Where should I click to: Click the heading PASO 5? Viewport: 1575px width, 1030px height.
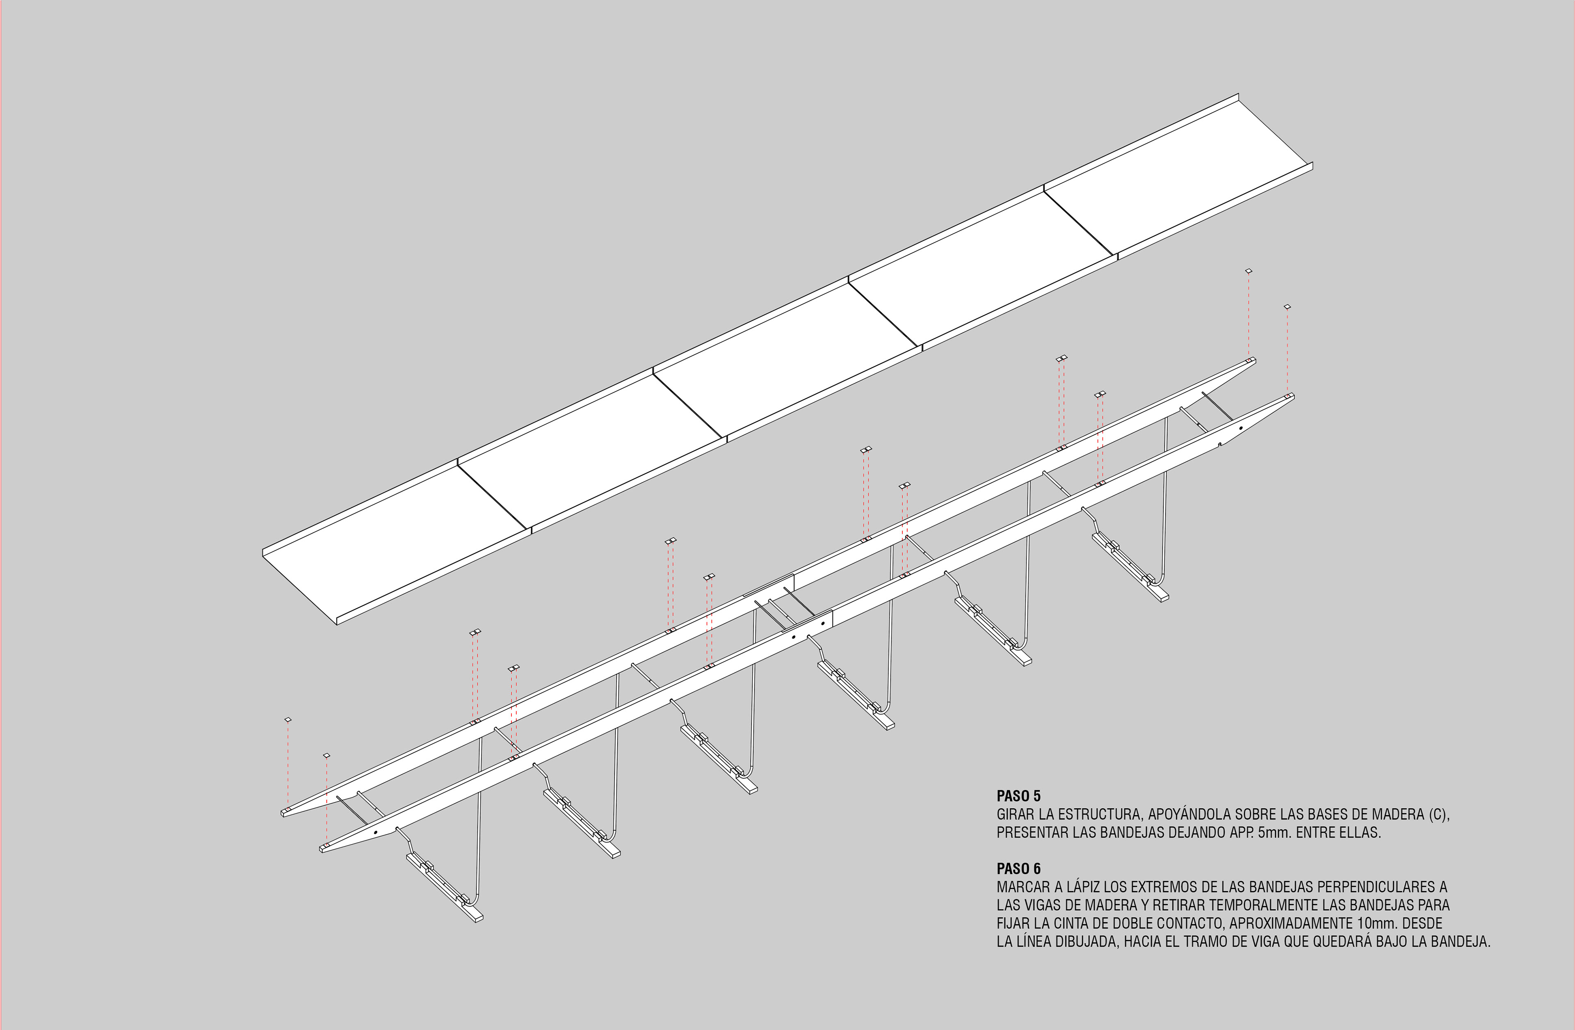[x=1018, y=796]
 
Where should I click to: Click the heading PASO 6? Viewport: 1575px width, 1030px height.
[x=1018, y=868]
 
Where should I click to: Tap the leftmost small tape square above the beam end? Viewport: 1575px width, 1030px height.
[x=288, y=719]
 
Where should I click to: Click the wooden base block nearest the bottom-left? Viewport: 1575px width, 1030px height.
[x=445, y=888]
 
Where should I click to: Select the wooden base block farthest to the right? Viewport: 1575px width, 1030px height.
[x=1130, y=567]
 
